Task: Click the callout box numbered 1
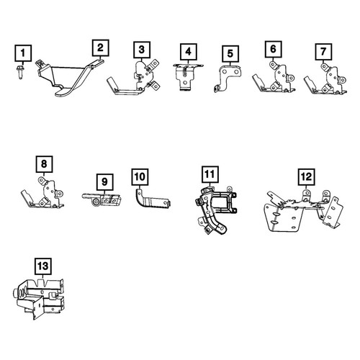23,53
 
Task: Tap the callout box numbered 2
101,48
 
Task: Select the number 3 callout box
142,50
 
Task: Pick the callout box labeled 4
189,52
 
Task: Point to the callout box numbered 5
230,54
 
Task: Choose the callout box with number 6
274,49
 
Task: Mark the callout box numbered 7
323,52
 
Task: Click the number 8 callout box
44,164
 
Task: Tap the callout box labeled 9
104,182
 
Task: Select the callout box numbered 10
140,177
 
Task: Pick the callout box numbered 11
210,174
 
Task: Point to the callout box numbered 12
307,177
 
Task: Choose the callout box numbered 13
43,266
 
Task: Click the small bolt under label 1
20,71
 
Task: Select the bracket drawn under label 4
188,77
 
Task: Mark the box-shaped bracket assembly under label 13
38,299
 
